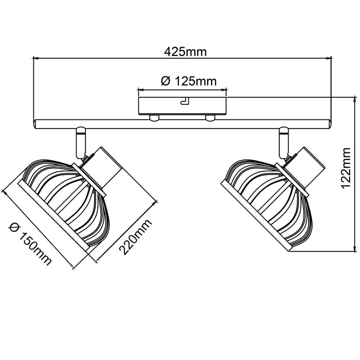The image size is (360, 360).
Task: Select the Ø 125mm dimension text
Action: (x=188, y=81)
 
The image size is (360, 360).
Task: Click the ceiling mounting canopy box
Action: (x=182, y=105)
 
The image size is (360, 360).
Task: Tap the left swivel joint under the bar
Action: (x=80, y=141)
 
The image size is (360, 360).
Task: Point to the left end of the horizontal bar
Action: (x=35, y=123)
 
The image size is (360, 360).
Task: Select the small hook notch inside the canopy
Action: (x=184, y=101)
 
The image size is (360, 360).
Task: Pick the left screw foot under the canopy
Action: (x=153, y=118)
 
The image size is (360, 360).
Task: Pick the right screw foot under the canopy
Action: (x=210, y=118)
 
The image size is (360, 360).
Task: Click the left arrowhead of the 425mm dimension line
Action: (x=35, y=58)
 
